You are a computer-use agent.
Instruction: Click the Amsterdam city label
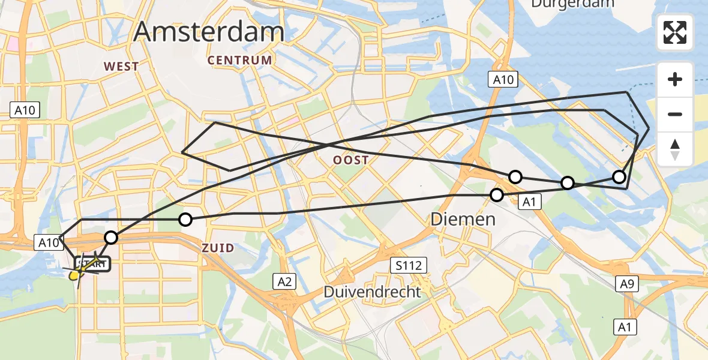pyautogui.click(x=209, y=31)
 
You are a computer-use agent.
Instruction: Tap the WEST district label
pyautogui.click(x=121, y=67)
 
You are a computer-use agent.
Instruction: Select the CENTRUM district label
pyautogui.click(x=240, y=61)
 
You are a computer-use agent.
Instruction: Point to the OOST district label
pyautogui.click(x=351, y=160)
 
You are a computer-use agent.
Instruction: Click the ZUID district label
pyautogui.click(x=218, y=248)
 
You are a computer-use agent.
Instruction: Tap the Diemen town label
pyautogui.click(x=463, y=220)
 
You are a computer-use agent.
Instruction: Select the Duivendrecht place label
pyautogui.click(x=372, y=292)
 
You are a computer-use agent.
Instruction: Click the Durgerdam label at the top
pyautogui.click(x=572, y=4)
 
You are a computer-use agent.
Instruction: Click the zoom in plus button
pyautogui.click(x=675, y=79)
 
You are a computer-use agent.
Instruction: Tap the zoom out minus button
pyautogui.click(x=675, y=114)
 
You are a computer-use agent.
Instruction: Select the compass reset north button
pyautogui.click(x=675, y=149)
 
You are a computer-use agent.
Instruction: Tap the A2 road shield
pyautogui.click(x=285, y=281)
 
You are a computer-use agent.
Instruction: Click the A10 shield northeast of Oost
pyautogui.click(x=503, y=80)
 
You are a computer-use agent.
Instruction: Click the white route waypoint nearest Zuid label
pyautogui.click(x=185, y=220)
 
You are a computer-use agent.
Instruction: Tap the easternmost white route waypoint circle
pyautogui.click(x=619, y=176)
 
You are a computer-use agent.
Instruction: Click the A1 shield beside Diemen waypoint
pyautogui.click(x=529, y=202)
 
